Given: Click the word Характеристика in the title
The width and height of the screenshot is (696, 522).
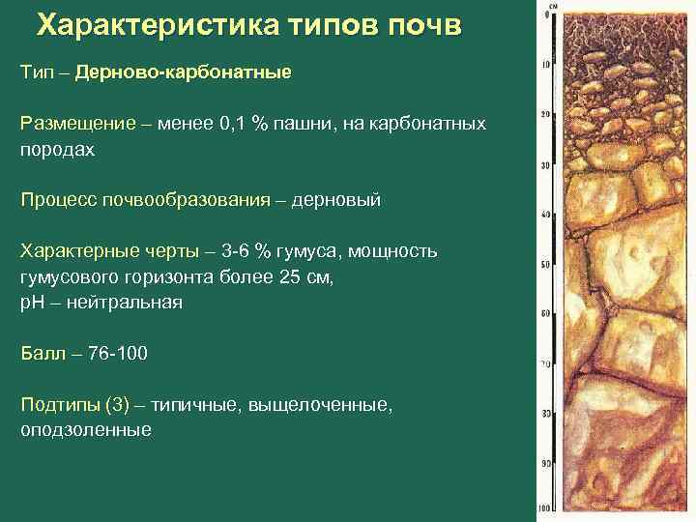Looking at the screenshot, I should click(x=146, y=25).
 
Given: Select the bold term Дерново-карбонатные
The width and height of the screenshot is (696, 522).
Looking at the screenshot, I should click(x=183, y=72).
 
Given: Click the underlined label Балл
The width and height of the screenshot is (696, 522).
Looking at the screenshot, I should click(x=42, y=353).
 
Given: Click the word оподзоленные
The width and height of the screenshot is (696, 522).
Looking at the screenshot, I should click(x=86, y=429).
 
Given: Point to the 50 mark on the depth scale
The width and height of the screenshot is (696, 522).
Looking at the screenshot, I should click(x=546, y=265).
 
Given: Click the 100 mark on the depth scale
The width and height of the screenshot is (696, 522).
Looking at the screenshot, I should click(x=546, y=507).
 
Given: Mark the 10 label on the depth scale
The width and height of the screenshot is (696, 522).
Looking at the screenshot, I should click(x=546, y=66).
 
